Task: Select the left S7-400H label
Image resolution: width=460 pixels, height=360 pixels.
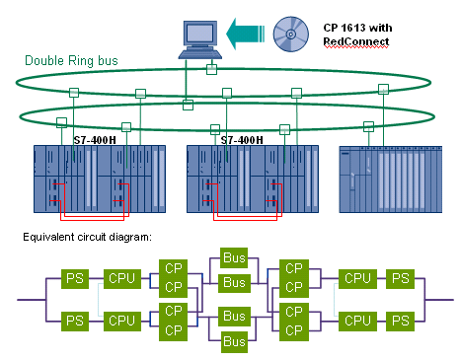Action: click(99, 140)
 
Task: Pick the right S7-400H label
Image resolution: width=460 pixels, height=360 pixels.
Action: click(242, 140)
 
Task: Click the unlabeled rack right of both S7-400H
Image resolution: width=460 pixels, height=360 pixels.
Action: click(386, 180)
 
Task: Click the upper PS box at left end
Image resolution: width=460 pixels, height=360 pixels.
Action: click(74, 279)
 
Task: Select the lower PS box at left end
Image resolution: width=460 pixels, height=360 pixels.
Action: click(74, 320)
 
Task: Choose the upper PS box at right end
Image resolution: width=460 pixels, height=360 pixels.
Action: click(400, 279)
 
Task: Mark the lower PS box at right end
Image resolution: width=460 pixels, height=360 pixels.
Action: click(400, 320)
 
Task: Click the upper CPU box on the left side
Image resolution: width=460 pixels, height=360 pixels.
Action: click(121, 279)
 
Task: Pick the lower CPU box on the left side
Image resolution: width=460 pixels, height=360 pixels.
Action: click(121, 320)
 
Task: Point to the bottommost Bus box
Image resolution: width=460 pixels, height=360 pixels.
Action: click(234, 340)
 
